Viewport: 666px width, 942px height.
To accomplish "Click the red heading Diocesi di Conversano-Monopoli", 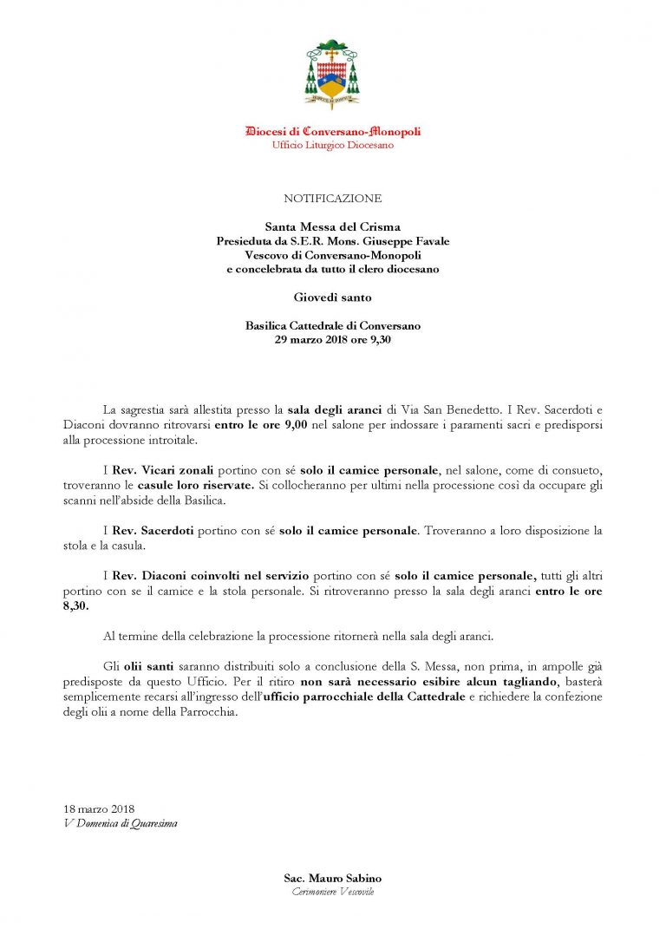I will pyautogui.click(x=333, y=132).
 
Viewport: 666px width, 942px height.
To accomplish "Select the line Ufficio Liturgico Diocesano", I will pyautogui.click(x=333, y=146).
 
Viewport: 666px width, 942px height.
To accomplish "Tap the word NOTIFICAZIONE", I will pyautogui.click(x=332, y=199).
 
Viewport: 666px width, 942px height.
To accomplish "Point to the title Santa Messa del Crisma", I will pyautogui.click(x=332, y=227).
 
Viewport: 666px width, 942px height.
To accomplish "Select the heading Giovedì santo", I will pyautogui.click(x=332, y=298).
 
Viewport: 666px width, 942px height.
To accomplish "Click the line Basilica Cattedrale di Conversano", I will pyautogui.click(x=333, y=326).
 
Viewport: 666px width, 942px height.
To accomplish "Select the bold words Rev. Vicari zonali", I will pyautogui.click(x=150, y=469).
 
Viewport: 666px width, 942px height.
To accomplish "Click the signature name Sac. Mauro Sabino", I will pyautogui.click(x=332, y=879).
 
